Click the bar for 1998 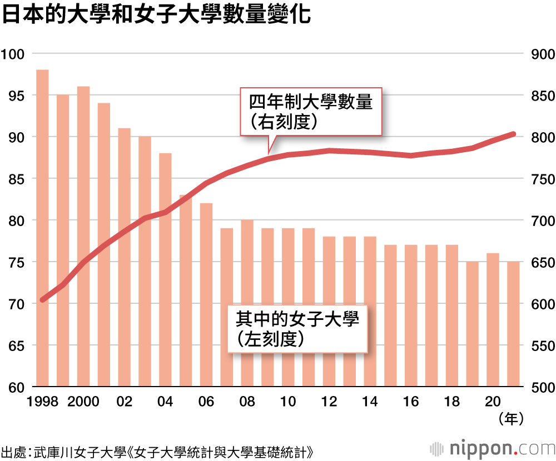pyautogui.click(x=42, y=228)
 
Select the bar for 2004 pyautogui.click(x=165, y=269)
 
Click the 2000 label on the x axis pyautogui.click(x=83, y=402)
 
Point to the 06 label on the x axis pyautogui.click(x=206, y=402)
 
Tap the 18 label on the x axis pyautogui.click(x=451, y=402)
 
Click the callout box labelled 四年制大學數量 pyautogui.click(x=311, y=111)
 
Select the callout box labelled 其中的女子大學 pyautogui.click(x=297, y=328)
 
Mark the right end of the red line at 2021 pyautogui.click(x=513, y=134)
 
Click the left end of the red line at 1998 pyautogui.click(x=42, y=300)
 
